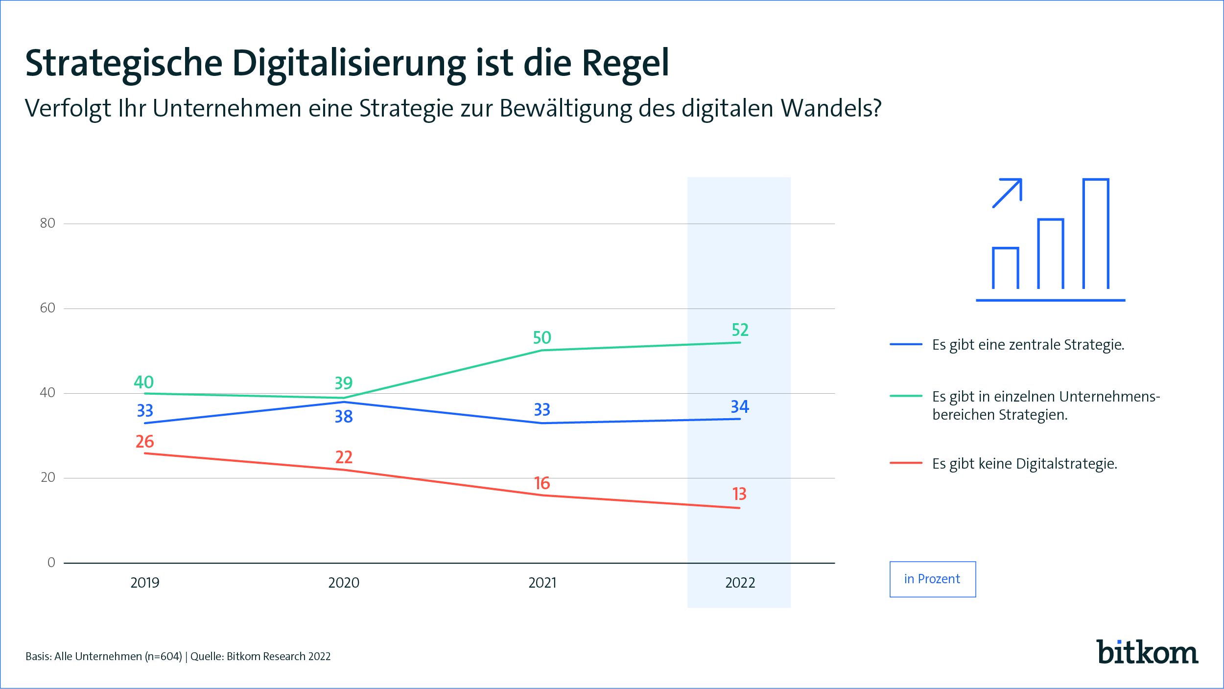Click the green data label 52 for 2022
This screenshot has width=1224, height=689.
[740, 330]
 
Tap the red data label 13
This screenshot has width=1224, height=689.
[739, 494]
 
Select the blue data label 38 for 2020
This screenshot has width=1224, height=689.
[344, 417]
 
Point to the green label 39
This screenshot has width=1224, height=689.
[344, 383]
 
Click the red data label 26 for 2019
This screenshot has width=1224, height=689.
[145, 442]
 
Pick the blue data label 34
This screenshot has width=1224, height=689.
[740, 407]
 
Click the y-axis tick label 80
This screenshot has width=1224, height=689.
[47, 223]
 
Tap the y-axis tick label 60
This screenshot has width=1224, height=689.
[47, 308]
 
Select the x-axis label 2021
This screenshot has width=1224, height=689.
[542, 583]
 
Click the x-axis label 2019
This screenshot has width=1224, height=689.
[145, 583]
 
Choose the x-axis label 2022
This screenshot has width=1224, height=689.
[740, 583]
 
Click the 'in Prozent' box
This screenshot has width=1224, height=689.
[932, 579]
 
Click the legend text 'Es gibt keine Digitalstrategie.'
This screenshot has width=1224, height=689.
[1025, 464]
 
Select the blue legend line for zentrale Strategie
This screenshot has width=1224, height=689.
[906, 345]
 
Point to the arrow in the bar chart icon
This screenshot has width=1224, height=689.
[1008, 192]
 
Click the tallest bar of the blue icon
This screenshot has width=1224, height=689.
[1096, 234]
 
